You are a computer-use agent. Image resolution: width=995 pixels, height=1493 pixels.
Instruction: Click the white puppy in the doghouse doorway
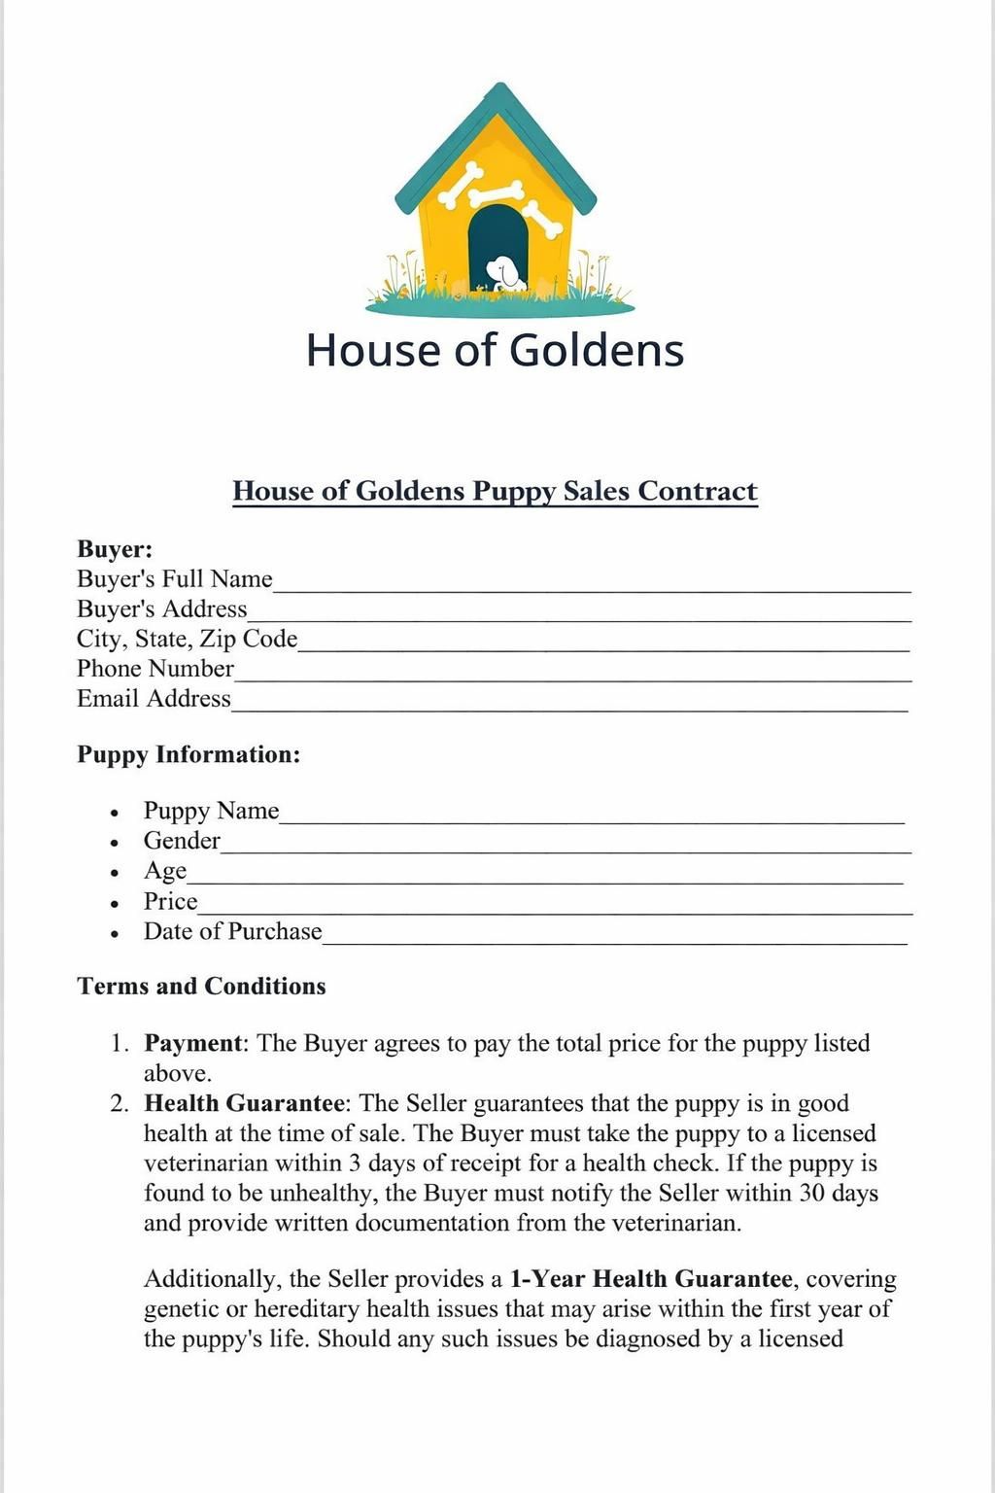[x=503, y=273]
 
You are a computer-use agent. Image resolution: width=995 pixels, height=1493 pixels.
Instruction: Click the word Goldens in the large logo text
[x=597, y=350]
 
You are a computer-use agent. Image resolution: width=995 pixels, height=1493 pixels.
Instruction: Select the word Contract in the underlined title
[x=697, y=491]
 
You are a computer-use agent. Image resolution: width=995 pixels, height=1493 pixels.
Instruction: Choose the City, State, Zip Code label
[x=187, y=639]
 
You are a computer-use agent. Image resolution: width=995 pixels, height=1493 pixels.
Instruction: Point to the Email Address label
[x=154, y=699]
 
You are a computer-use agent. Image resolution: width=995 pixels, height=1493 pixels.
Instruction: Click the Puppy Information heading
[x=189, y=754]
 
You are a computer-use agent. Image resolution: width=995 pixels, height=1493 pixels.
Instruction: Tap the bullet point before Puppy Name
[x=115, y=813]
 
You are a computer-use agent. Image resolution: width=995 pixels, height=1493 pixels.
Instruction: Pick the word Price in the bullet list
[x=170, y=901]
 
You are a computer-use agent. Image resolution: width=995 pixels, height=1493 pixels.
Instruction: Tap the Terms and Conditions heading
[x=201, y=987]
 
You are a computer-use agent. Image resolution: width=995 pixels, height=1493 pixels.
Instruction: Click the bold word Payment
[x=193, y=1043]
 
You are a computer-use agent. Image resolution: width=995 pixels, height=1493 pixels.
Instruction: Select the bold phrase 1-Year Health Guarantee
[x=651, y=1278]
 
